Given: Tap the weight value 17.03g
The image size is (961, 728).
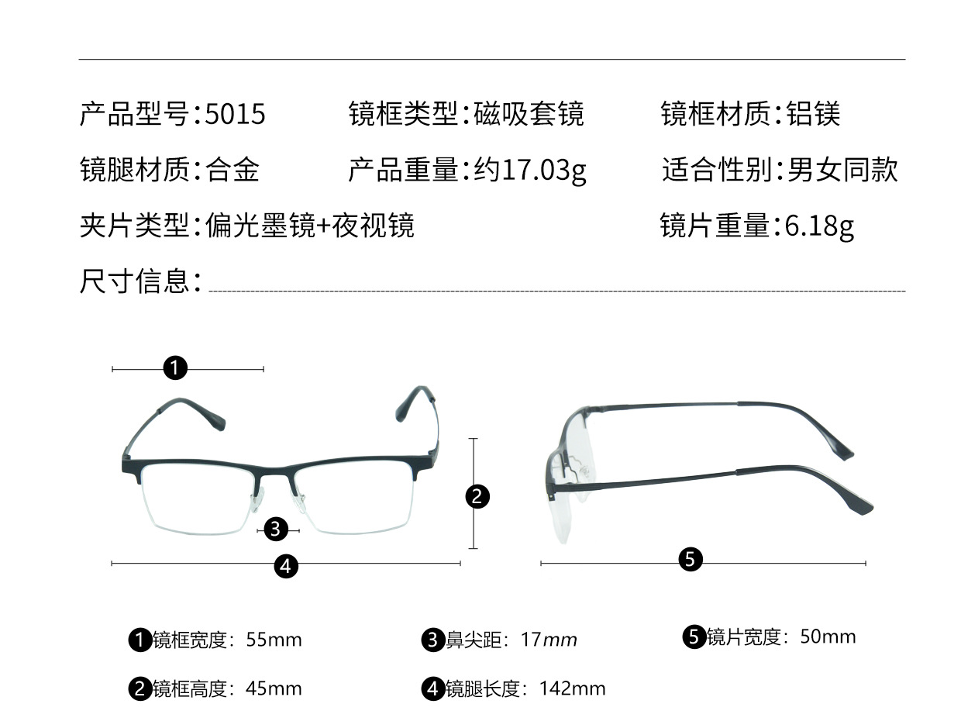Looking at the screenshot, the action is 544,170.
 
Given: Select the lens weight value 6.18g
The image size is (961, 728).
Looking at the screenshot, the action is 819,226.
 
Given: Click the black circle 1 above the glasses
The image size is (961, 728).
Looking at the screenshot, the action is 175,367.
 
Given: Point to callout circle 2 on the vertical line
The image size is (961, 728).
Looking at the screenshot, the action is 477,495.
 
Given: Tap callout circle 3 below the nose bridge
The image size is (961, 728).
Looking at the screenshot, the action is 276,530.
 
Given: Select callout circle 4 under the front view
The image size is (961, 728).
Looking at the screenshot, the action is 285,566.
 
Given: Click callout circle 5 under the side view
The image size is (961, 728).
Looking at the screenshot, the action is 690,558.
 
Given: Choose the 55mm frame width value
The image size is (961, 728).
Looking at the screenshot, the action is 274,640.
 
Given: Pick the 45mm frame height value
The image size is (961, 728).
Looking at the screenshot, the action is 274,688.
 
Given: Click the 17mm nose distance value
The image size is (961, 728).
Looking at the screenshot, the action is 549,640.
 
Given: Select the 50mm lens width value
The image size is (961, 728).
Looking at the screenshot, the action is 828,637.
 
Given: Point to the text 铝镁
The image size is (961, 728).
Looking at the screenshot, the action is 813,114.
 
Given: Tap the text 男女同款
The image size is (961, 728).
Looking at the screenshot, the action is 842,170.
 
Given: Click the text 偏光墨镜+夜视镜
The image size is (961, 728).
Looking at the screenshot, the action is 310,226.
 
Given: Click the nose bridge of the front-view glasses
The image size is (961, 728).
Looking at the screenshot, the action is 276,470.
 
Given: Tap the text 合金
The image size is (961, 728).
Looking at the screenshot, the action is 232,170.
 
